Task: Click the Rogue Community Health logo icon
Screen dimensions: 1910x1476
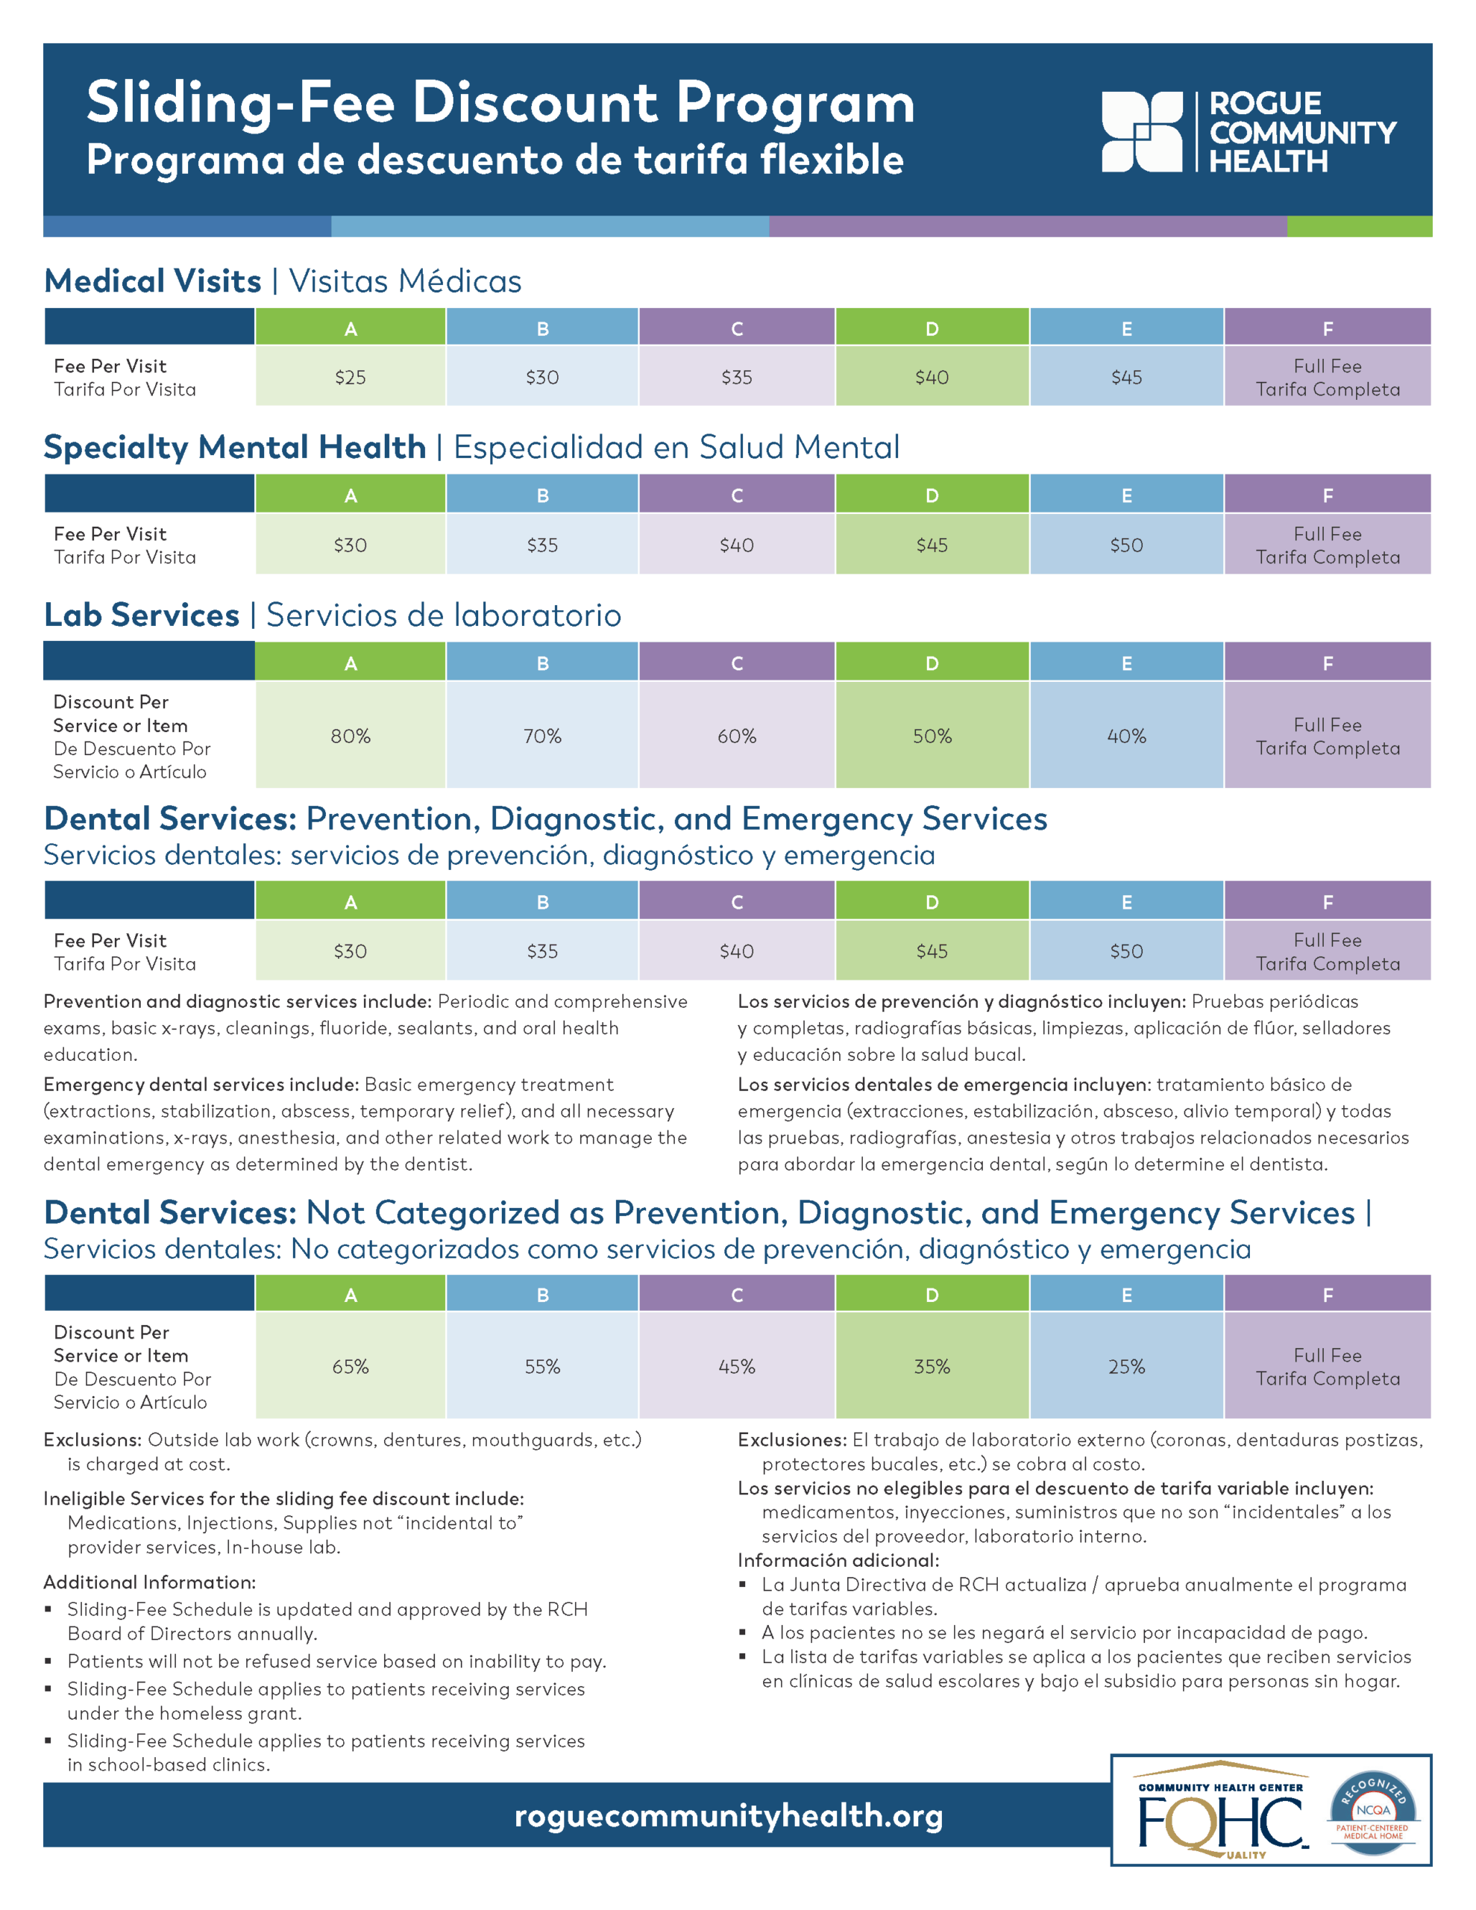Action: pos(1142,131)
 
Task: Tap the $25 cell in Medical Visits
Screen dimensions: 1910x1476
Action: pos(350,377)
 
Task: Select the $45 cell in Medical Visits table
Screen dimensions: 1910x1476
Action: pos(1125,377)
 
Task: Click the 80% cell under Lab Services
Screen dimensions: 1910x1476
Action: pos(350,736)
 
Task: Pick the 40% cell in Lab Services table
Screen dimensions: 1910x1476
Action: pos(1125,736)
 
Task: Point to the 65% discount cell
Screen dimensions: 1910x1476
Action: pos(350,1366)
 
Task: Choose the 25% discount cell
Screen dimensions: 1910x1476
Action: pos(1125,1366)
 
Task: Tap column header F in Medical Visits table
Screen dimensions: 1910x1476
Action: pos(1327,329)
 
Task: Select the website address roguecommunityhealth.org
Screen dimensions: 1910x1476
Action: pos(729,1814)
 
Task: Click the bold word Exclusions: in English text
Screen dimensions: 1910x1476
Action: pos(92,1439)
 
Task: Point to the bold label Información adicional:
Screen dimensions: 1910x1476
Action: pos(838,1560)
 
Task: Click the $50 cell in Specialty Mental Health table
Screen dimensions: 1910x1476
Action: pos(1125,545)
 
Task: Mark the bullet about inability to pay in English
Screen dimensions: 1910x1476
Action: pos(336,1661)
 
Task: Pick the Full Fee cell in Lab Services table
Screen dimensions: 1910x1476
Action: pos(1327,736)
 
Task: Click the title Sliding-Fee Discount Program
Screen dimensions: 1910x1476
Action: pos(500,103)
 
